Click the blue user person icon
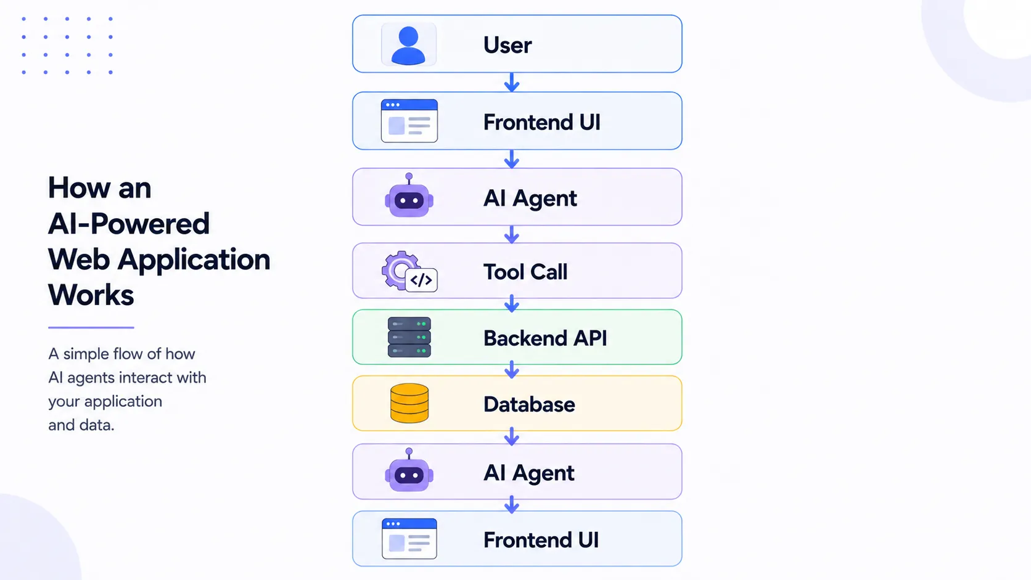[x=408, y=45]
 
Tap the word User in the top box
[x=507, y=45]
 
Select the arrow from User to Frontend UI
[x=512, y=83]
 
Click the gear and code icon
[x=409, y=271]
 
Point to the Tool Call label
[x=525, y=272]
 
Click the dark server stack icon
[x=409, y=337]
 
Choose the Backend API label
[x=545, y=338]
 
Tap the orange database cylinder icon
[x=409, y=403]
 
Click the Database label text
[x=529, y=404]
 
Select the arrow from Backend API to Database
[x=512, y=370]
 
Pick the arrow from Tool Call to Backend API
[x=512, y=304]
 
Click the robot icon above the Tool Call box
[x=409, y=195]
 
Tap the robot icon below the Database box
[x=409, y=470]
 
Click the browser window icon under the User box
[x=409, y=121]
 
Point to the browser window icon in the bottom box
[x=409, y=539]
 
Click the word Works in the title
[x=91, y=295]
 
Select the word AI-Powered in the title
[x=129, y=224]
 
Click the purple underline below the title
[x=91, y=327]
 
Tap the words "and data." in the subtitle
[x=81, y=425]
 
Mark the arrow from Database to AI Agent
[x=512, y=436]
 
